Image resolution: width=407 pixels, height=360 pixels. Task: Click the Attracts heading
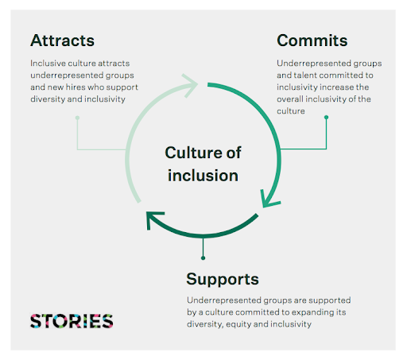(x=62, y=41)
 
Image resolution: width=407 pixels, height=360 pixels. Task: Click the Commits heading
(x=312, y=41)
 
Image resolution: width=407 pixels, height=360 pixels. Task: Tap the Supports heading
(x=223, y=280)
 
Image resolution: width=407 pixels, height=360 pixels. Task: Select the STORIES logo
(x=72, y=321)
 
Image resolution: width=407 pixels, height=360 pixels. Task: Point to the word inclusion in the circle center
(x=203, y=176)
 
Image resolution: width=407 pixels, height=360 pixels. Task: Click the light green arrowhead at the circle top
(x=190, y=85)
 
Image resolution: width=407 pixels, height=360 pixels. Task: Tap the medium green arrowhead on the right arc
(x=269, y=199)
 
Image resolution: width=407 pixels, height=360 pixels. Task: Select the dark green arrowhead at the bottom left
(x=154, y=219)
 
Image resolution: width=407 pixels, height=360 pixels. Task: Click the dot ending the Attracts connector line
(x=77, y=118)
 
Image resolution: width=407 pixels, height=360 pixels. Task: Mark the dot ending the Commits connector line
(x=326, y=117)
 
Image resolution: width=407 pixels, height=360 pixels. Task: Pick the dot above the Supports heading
(x=203, y=258)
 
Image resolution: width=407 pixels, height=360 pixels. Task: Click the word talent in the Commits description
(x=305, y=75)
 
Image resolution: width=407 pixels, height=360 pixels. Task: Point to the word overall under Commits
(x=290, y=99)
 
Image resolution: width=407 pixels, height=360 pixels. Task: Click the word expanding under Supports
(x=313, y=312)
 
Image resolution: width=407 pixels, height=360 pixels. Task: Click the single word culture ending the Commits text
(x=291, y=111)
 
